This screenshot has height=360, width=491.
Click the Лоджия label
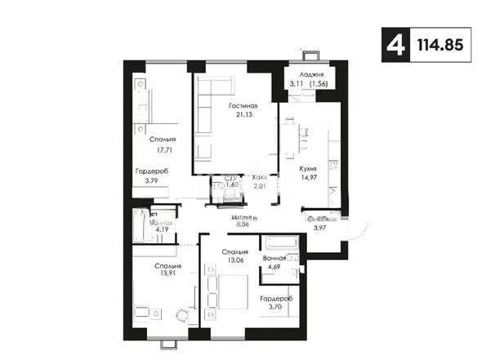(x=304, y=73)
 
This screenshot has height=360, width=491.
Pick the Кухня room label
(x=308, y=168)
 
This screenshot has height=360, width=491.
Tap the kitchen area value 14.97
(x=308, y=177)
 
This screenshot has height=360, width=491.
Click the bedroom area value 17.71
(x=145, y=150)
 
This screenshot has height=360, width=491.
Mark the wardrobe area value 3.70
(x=274, y=307)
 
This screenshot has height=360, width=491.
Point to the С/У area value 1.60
(x=231, y=185)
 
